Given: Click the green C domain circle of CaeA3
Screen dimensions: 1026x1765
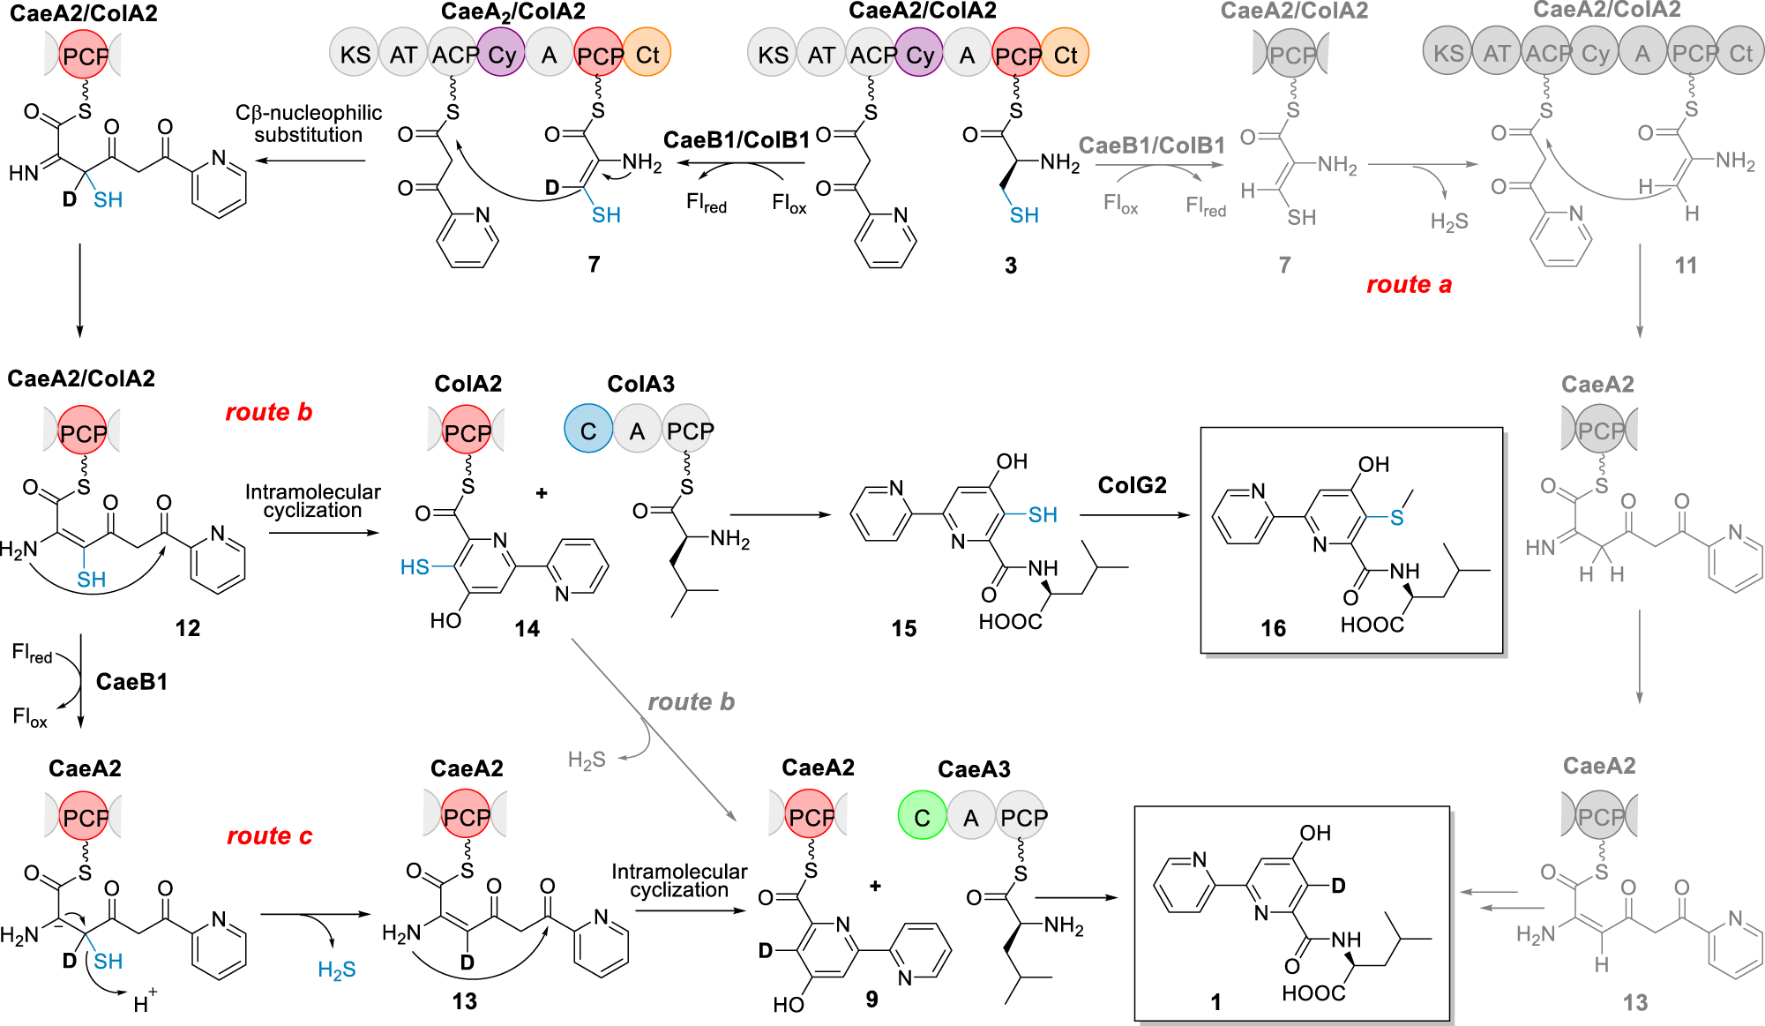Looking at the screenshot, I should (x=922, y=817).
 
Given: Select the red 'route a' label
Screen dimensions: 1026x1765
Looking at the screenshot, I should (x=1408, y=285).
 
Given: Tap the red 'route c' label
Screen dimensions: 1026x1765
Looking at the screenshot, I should (x=269, y=835).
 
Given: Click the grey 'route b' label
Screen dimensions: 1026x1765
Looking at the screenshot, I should (x=691, y=702).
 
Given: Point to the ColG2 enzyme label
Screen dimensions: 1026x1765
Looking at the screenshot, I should (x=1132, y=485).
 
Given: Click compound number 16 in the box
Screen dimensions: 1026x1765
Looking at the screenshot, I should (x=1273, y=628).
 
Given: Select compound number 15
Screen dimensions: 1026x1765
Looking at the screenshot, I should (x=903, y=628).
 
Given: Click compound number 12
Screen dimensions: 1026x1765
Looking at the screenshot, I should (x=187, y=628).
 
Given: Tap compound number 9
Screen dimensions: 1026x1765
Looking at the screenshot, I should (x=871, y=999).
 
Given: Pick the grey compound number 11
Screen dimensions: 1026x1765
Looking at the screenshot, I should (x=1685, y=266).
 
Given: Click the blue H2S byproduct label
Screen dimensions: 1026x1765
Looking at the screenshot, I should (x=336, y=970).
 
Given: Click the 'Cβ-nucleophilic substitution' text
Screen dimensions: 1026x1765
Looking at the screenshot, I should (x=309, y=124).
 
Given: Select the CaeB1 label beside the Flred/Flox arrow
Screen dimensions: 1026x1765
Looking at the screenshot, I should (x=131, y=682).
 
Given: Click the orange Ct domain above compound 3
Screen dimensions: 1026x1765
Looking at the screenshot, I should (x=1066, y=55).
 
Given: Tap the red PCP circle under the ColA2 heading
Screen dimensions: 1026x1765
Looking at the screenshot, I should (x=467, y=432).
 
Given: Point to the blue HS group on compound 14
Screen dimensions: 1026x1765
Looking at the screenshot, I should (x=415, y=567).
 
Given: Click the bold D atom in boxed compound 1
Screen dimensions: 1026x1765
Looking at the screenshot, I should (x=1338, y=885).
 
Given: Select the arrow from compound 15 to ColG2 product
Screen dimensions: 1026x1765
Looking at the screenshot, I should (x=1134, y=514).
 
